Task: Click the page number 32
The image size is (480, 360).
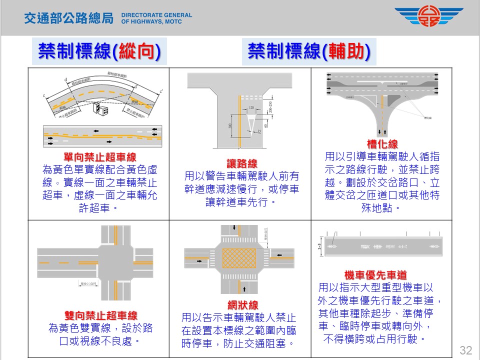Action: (465, 349)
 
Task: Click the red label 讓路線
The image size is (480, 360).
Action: (242, 164)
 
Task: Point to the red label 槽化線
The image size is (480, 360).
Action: (382, 144)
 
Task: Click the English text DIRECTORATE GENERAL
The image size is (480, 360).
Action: (156, 15)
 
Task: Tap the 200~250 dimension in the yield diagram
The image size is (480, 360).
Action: (270, 106)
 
